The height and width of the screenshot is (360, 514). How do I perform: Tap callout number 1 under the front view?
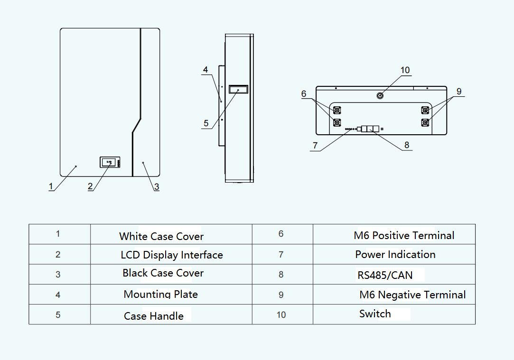tap(51, 186)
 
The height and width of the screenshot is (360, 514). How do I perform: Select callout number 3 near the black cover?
tap(156, 187)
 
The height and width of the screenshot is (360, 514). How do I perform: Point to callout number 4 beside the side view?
tap(206, 70)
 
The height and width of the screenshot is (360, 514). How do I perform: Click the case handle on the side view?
tap(238, 89)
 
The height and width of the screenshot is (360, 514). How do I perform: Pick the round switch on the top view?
tap(380, 96)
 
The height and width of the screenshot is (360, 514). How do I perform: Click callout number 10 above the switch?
tap(405, 70)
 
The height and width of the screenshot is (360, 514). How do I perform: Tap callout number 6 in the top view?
tap(304, 94)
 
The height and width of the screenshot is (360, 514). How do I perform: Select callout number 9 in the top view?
tap(459, 91)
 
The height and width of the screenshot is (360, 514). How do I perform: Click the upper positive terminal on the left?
tap(337, 111)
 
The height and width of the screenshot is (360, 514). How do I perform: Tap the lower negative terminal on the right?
tap(425, 122)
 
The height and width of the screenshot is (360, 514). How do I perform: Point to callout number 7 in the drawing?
tap(316, 146)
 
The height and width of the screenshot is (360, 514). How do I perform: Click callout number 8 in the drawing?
tap(407, 145)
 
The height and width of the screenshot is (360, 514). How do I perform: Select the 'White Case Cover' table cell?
tap(161, 236)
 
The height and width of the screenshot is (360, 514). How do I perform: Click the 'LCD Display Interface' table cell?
tap(171, 255)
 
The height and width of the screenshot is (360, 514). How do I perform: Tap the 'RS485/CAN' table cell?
tap(385, 275)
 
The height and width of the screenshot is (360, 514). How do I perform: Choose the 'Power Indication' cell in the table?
tap(395, 254)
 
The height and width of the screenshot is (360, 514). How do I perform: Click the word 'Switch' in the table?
tap(375, 314)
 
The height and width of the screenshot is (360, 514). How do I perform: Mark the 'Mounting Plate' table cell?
tap(160, 294)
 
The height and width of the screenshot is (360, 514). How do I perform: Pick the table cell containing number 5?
tap(58, 314)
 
